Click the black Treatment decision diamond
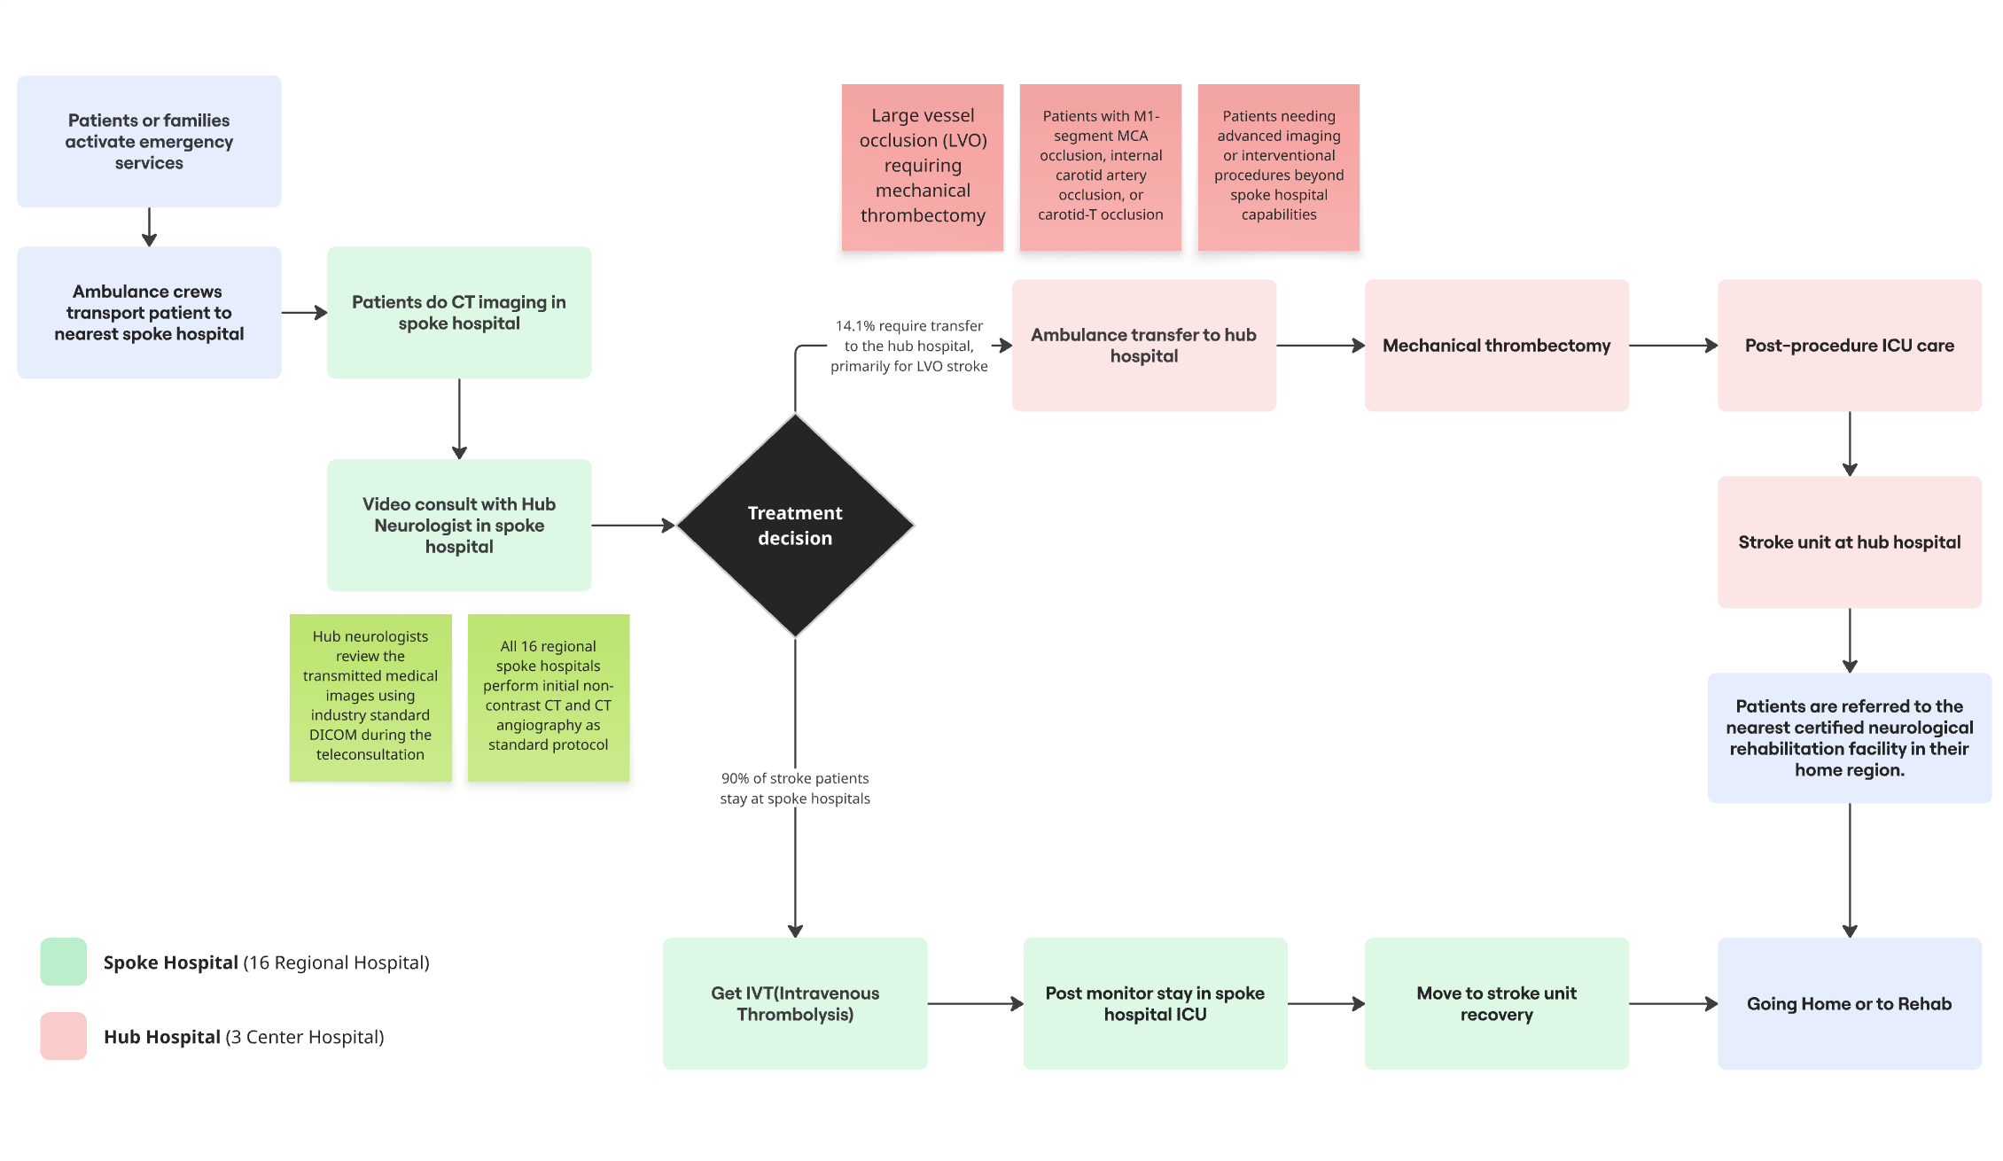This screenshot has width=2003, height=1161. pyautogui.click(x=795, y=526)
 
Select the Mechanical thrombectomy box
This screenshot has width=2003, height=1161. pyautogui.click(x=1496, y=346)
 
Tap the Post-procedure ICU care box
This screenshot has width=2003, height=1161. pyautogui.click(x=1849, y=346)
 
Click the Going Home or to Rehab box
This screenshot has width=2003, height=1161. pyautogui.click(x=1849, y=1003)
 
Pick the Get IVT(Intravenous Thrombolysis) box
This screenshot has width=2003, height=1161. pyautogui.click(x=795, y=1003)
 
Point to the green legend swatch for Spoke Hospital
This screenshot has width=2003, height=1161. pyautogui.click(x=64, y=962)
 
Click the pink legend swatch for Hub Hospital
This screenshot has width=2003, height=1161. pyautogui.click(x=64, y=1036)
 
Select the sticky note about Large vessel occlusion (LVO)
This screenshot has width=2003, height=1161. pyautogui.click(x=922, y=167)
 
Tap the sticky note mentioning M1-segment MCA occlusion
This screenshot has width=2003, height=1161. pyautogui.click(x=1100, y=167)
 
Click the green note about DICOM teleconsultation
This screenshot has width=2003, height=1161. pyautogui.click(x=370, y=697)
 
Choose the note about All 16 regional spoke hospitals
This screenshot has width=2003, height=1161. pyautogui.click(x=548, y=697)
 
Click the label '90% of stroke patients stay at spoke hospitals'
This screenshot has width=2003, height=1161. pyautogui.click(x=795, y=788)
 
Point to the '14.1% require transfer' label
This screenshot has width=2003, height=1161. pyautogui.click(x=908, y=346)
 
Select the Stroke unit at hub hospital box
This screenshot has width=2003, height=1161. pyautogui.click(x=1849, y=542)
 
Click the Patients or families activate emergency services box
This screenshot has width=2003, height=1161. pyautogui.click(x=149, y=142)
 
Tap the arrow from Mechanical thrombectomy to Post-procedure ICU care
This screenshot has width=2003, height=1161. pyautogui.click(x=1672, y=346)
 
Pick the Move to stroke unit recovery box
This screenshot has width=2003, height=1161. pyautogui.click(x=1496, y=1003)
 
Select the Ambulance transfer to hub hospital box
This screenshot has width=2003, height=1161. pyautogui.click(x=1143, y=346)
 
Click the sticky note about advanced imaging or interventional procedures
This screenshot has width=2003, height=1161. pyautogui.click(x=1278, y=167)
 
